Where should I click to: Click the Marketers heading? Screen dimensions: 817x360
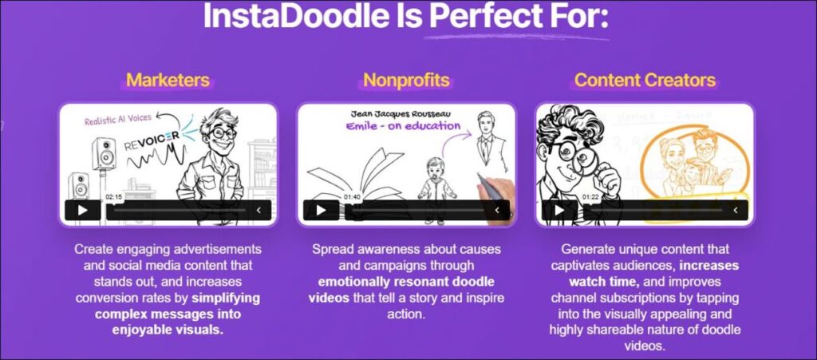click(168, 80)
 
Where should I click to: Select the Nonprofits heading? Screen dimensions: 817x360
click(406, 80)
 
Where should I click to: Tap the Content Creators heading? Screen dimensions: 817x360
click(645, 80)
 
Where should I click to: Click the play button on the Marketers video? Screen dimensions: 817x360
click(82, 210)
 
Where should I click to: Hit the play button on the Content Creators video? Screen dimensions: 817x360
click(559, 210)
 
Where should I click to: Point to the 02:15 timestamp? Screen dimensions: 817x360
click(113, 197)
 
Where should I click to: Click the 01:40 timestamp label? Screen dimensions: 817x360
click(352, 197)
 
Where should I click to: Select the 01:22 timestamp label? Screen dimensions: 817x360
click(590, 197)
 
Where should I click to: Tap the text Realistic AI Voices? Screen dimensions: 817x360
click(118, 119)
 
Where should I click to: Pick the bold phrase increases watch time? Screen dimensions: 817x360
click(654, 274)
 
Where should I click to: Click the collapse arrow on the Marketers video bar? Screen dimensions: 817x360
click(259, 210)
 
